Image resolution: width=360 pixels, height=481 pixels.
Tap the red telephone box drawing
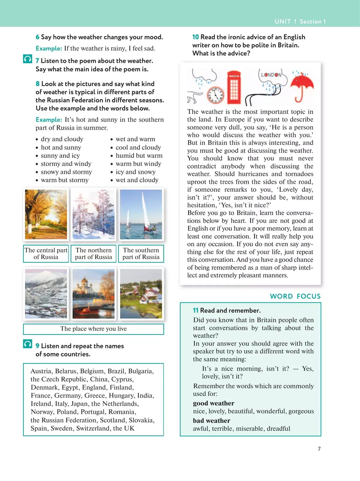[234, 87]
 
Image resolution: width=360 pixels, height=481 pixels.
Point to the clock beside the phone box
[215, 95]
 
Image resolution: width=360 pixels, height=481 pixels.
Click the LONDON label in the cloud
[271, 75]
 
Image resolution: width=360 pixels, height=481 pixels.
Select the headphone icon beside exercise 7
[28, 59]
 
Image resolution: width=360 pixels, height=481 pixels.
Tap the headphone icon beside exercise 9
[28, 344]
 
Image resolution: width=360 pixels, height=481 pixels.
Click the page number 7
[319, 449]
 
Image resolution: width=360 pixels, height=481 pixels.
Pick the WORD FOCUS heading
[295, 296]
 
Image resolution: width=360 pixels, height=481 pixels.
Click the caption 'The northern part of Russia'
[93, 254]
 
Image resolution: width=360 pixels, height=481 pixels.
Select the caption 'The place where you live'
[93, 329]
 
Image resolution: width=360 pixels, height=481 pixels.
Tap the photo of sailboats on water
[141, 214]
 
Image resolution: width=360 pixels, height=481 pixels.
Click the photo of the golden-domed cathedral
[93, 294]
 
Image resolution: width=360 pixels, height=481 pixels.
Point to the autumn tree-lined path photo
[46, 214]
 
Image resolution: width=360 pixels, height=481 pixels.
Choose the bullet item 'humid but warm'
[139, 156]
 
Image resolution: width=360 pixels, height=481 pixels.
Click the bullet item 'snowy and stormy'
[66, 172]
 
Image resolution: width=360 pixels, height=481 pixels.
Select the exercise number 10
[196, 37]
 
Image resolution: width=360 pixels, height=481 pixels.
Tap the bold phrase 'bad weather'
[211, 421]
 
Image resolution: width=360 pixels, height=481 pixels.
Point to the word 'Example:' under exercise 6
[49, 49]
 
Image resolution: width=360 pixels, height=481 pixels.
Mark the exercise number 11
[196, 311]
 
